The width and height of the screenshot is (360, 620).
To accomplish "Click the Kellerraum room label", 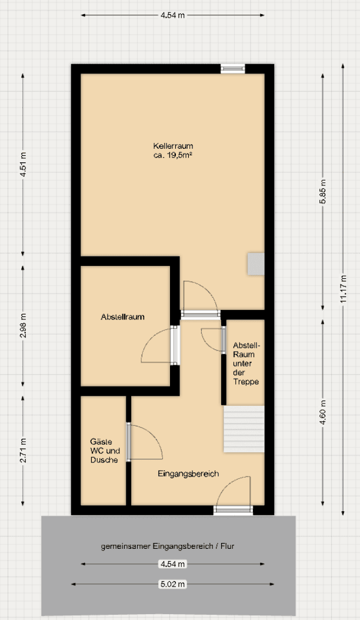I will point(173,146).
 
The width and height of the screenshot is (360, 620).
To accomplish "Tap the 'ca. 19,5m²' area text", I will point(173,155).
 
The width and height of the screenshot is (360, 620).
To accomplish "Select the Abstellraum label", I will point(122,316).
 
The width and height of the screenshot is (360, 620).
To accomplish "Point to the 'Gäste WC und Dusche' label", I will point(104,451).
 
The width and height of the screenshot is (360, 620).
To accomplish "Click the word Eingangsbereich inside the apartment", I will point(188,474).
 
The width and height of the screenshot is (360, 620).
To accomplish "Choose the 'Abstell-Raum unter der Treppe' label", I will point(246,363).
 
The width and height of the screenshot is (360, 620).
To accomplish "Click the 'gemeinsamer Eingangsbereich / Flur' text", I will point(168,546).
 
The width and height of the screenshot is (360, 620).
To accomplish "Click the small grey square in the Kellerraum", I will point(256,264).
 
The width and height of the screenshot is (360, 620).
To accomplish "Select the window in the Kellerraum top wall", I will point(232,68).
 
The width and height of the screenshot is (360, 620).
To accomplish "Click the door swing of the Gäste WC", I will point(144,442).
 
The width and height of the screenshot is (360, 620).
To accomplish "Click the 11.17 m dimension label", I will point(342,288).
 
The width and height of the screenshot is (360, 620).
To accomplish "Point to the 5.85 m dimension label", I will point(322,191).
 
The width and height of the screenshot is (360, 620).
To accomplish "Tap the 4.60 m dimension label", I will point(322,416).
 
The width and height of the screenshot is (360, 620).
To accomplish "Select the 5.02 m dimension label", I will point(173,584).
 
